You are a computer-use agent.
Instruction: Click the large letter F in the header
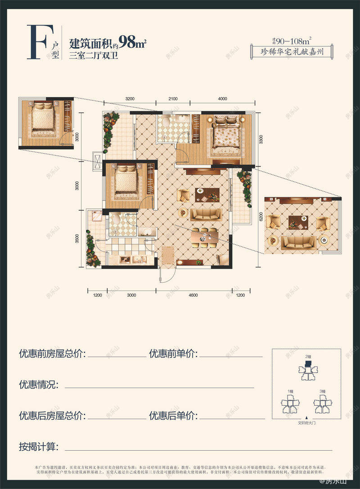tap(37, 43)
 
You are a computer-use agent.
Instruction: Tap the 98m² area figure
tap(133, 43)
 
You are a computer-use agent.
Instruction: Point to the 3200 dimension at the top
tap(130, 99)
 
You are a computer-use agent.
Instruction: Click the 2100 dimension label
tap(173, 99)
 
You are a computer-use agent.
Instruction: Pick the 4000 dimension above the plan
tap(222, 99)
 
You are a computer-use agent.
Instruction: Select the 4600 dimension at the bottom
tap(193, 295)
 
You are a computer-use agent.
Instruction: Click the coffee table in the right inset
tap(297, 222)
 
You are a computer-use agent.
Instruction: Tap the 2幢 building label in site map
tap(308, 357)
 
